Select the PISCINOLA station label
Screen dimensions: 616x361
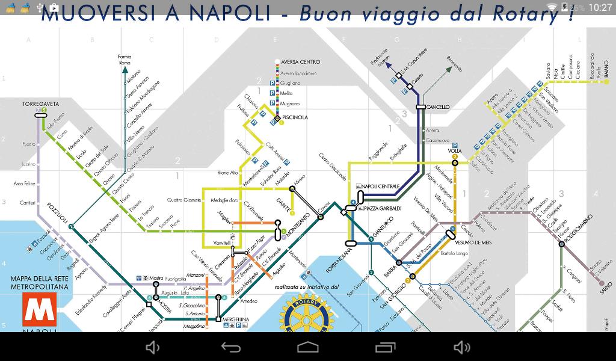(295, 117)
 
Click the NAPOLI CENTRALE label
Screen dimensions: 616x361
(381, 187)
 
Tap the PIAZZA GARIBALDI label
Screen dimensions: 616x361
(383, 209)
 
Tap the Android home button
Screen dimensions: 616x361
(307, 347)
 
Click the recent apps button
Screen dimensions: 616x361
(384, 347)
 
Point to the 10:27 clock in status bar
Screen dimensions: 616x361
(600, 7)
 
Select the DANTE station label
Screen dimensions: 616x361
(283, 203)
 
